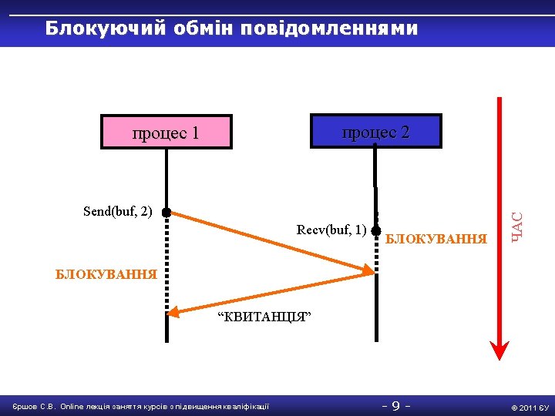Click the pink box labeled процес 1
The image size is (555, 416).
(166, 132)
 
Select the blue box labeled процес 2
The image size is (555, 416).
(375, 131)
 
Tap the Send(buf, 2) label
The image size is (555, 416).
(118, 211)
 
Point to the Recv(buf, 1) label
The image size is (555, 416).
(331, 230)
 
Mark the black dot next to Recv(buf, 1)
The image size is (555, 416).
(375, 230)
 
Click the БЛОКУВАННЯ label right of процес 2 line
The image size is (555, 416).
(436, 239)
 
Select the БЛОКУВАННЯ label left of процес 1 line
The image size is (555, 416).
(106, 273)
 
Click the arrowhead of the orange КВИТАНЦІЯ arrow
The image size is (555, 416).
(174, 311)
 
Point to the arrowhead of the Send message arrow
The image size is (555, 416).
(368, 269)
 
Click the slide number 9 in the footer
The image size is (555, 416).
(395, 405)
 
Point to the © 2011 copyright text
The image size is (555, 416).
(522, 407)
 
